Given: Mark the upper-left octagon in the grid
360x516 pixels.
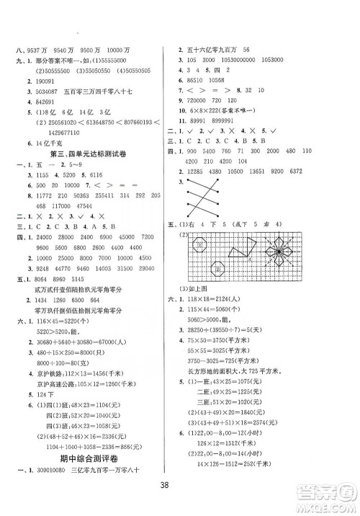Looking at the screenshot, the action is pos(199,247).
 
